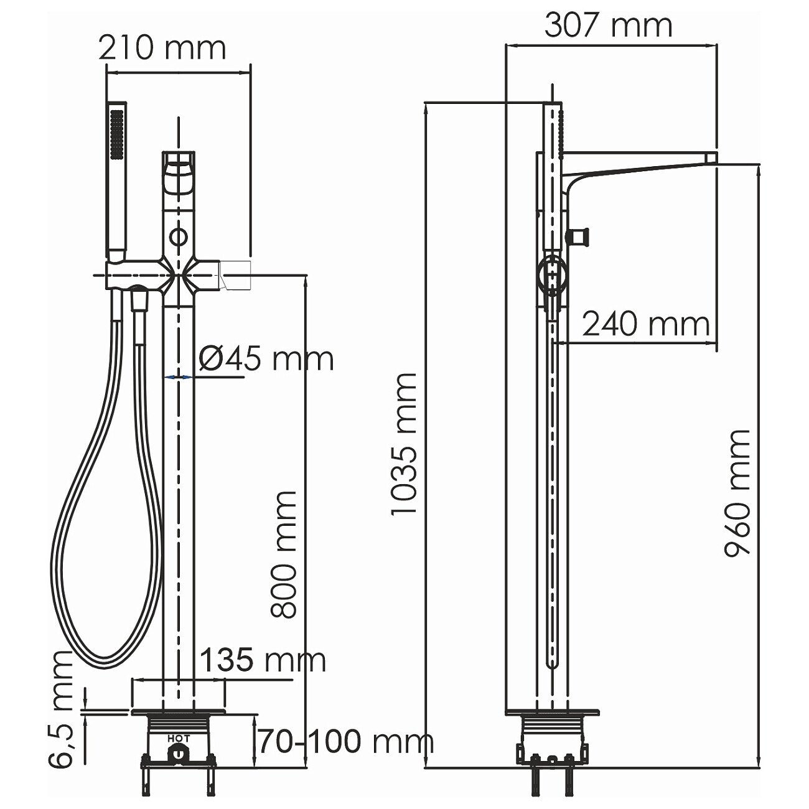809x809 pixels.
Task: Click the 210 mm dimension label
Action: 162,49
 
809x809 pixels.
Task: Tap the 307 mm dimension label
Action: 608,26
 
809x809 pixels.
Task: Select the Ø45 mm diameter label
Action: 266,359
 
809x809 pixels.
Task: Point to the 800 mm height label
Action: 284,554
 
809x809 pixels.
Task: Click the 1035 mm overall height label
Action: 403,444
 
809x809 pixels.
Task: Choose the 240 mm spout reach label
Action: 645,324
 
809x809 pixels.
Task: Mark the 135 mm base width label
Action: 263,660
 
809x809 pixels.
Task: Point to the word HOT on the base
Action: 179,739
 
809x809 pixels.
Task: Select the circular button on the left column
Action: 179,236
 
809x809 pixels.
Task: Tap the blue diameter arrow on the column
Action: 179,377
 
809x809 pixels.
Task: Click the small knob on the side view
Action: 578,236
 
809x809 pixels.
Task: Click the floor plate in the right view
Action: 552,712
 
